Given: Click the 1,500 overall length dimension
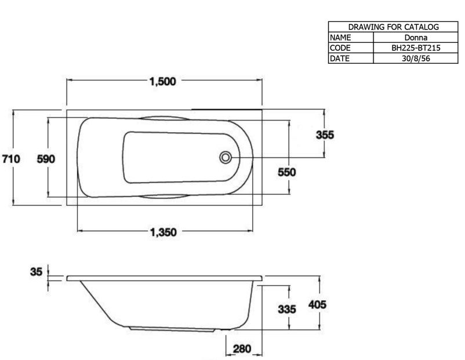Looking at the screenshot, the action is (163, 81).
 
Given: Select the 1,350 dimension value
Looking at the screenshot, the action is (164, 232).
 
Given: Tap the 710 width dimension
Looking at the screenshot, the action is (11, 159).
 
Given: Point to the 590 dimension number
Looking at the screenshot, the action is (46, 159).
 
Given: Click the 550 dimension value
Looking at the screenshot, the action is (287, 172).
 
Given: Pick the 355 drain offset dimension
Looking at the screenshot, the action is (325, 134).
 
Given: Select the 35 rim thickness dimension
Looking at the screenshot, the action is (36, 272).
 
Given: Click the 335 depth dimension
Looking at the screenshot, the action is (287, 310).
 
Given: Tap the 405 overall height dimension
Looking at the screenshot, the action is (317, 304).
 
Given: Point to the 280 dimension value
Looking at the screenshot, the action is (242, 349).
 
